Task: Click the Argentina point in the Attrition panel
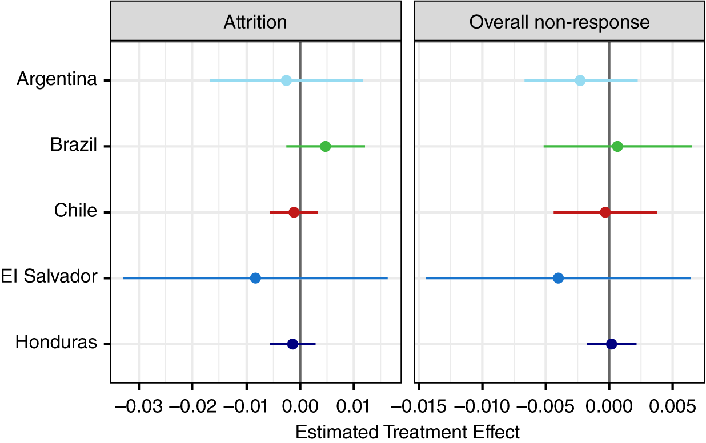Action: pos(286,80)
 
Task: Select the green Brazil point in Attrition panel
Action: pos(325,146)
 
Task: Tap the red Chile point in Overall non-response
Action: pos(605,212)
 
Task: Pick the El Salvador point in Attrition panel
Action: pos(255,278)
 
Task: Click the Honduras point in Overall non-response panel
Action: pos(611,344)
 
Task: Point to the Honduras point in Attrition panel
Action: pos(292,344)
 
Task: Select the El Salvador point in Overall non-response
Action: pos(558,278)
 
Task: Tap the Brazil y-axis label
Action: pos(73,145)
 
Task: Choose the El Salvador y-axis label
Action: pos(49,277)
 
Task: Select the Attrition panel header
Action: pos(255,22)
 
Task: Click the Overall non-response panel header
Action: pos(559,22)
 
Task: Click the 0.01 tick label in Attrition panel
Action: pos(354,409)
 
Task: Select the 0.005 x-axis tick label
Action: pos(672,409)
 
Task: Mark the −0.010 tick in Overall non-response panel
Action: pos(482,409)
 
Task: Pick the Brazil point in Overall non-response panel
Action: pos(617,146)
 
